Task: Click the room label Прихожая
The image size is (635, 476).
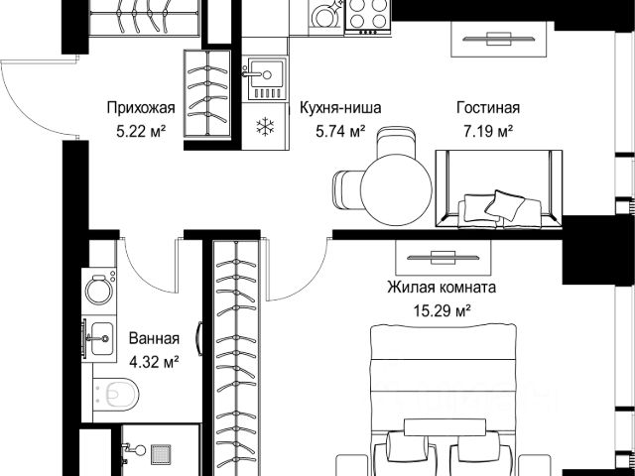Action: [141, 108]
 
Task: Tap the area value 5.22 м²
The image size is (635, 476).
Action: [141, 131]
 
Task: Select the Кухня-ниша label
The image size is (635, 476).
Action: [340, 108]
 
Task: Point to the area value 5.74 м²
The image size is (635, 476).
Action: [340, 131]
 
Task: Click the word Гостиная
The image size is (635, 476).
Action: [488, 108]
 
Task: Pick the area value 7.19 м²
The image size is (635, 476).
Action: [488, 131]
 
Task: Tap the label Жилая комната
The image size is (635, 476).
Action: [442, 288]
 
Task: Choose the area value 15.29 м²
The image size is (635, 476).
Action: [442, 310]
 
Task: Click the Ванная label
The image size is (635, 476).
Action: [154, 338]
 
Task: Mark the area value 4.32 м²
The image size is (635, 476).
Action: [154, 362]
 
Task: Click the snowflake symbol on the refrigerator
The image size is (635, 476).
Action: [265, 126]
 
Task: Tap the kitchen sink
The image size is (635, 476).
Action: [265, 79]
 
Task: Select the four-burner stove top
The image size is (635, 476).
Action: [368, 16]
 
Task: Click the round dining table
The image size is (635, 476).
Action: [397, 189]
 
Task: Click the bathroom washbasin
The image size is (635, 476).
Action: [99, 338]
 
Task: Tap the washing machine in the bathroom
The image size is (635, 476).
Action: [99, 291]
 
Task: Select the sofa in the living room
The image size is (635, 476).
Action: [498, 188]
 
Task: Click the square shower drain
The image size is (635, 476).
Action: [161, 454]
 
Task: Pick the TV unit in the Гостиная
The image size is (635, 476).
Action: [498, 40]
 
